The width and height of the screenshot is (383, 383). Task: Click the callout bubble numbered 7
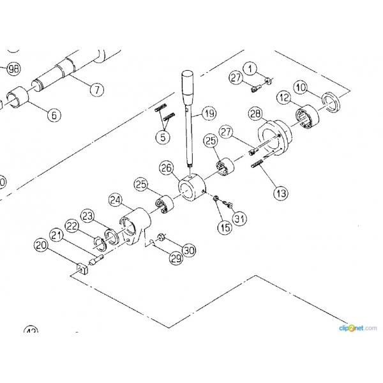(x=96, y=90)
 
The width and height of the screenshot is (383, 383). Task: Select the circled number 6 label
(x=54, y=116)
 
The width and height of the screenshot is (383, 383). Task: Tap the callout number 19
(x=209, y=115)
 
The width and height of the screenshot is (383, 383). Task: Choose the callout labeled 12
(x=283, y=98)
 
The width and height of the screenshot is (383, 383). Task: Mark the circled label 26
(x=167, y=169)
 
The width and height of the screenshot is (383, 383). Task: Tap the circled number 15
(x=225, y=227)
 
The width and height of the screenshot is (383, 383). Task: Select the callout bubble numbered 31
(x=240, y=220)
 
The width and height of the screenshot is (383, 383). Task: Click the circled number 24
(x=116, y=200)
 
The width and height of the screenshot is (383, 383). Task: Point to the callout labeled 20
(x=41, y=245)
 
